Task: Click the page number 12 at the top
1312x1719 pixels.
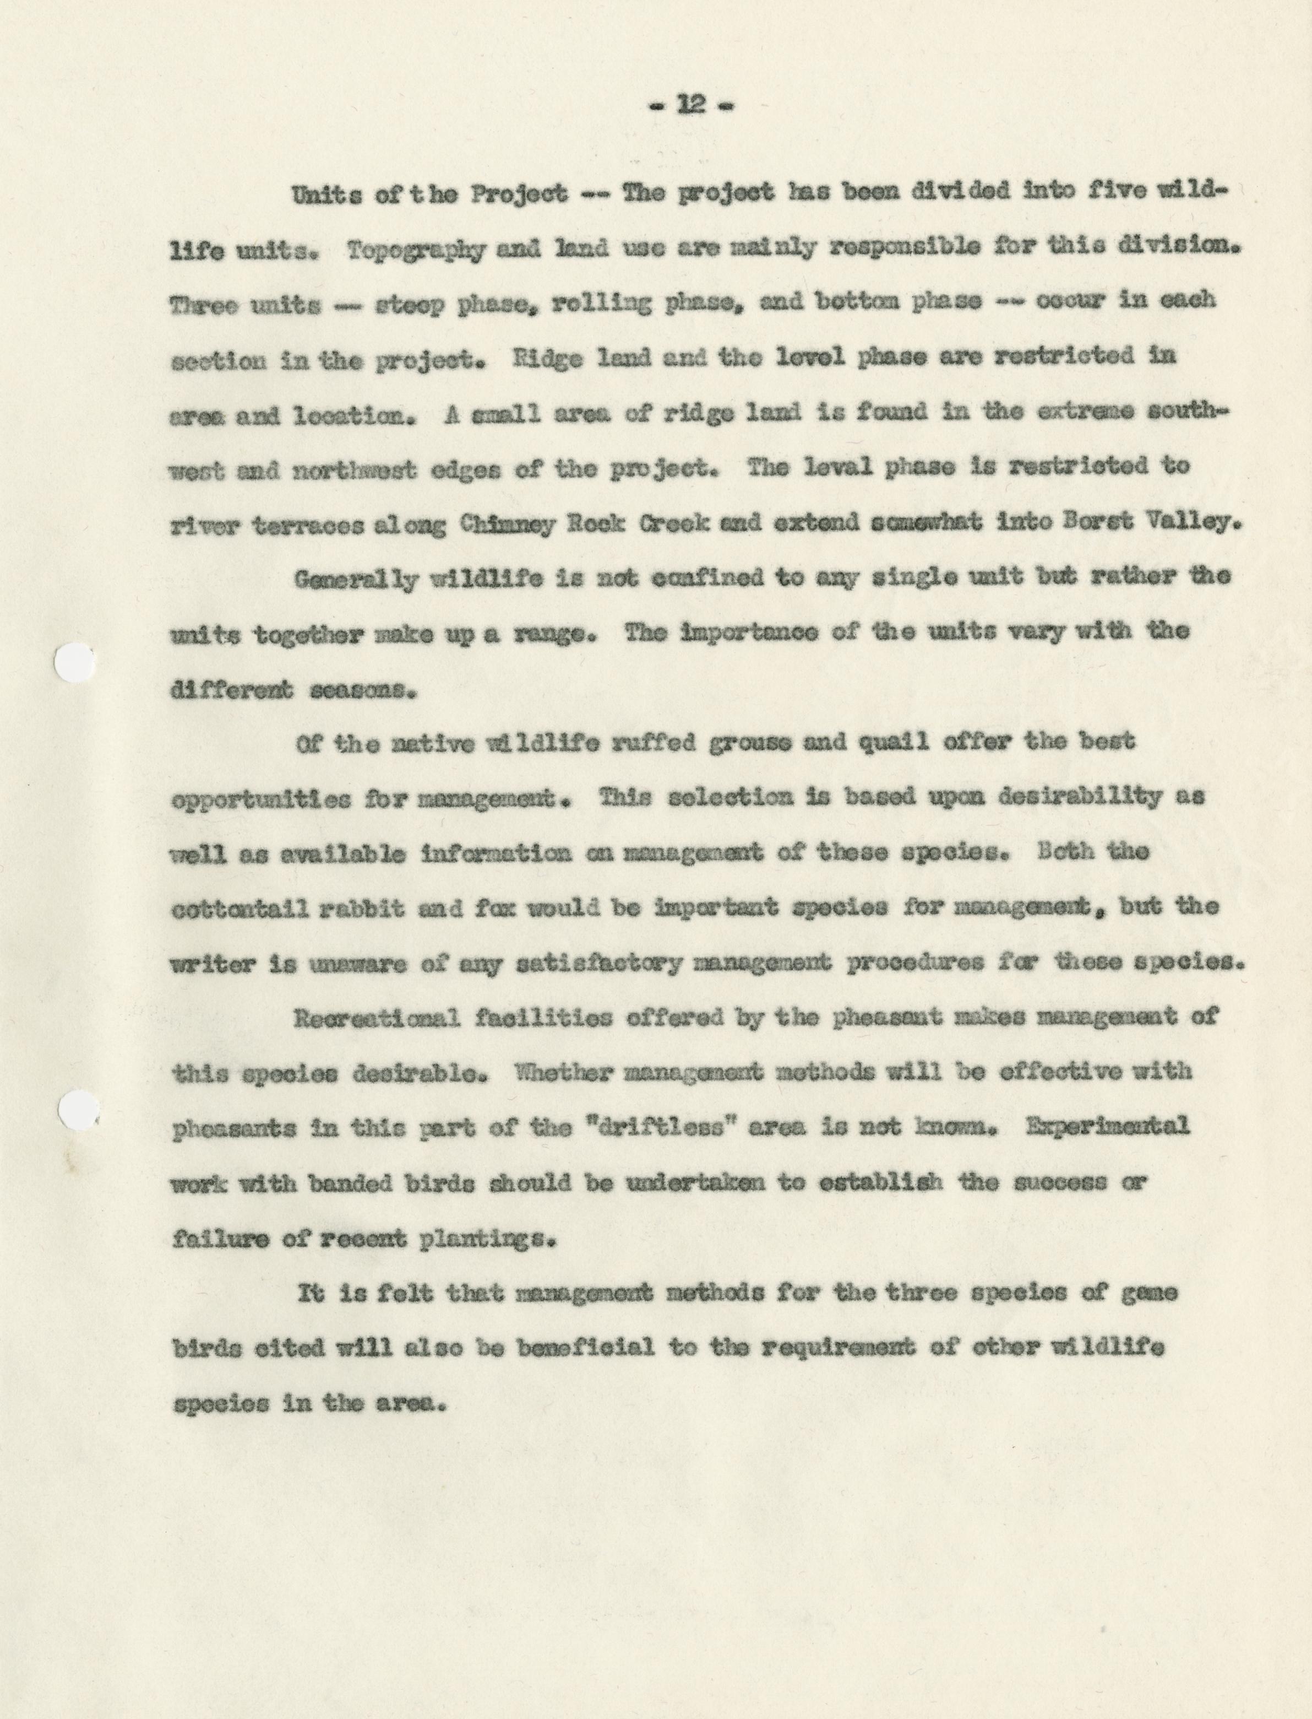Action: [x=692, y=105]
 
